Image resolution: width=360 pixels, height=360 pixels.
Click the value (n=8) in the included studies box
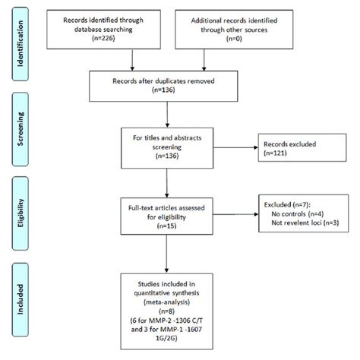pos(169,311)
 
